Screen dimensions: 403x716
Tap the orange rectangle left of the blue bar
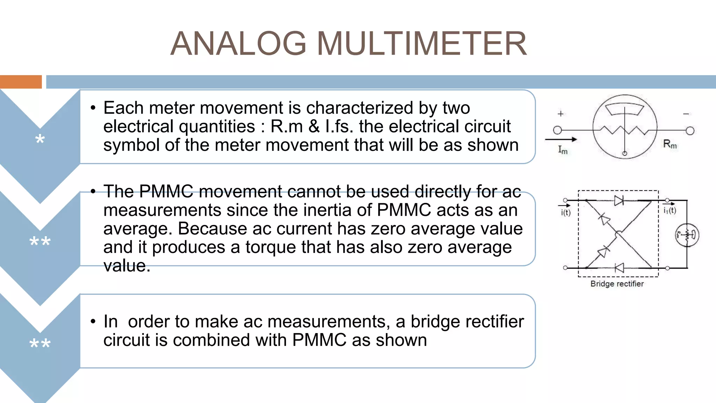pyautogui.click(x=21, y=82)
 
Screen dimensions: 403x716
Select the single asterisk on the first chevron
pyautogui.click(x=40, y=139)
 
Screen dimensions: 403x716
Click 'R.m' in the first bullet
pyautogui.click(x=287, y=127)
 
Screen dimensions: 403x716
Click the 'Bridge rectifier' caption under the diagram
pyautogui.click(x=617, y=284)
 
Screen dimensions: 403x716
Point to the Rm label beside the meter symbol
pyautogui.click(x=670, y=144)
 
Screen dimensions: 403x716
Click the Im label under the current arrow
pyautogui.click(x=563, y=150)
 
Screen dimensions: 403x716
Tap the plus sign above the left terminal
pyautogui.click(x=560, y=114)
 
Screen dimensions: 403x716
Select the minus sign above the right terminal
pyautogui.click(x=686, y=114)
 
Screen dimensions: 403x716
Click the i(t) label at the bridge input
pyautogui.click(x=566, y=213)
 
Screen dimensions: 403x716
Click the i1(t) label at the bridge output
pyautogui.click(x=670, y=210)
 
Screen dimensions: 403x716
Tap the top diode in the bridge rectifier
pyautogui.click(x=619, y=200)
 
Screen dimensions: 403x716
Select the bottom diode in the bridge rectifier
pyautogui.click(x=619, y=268)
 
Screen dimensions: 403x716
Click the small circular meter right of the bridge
pyautogui.click(x=687, y=235)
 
